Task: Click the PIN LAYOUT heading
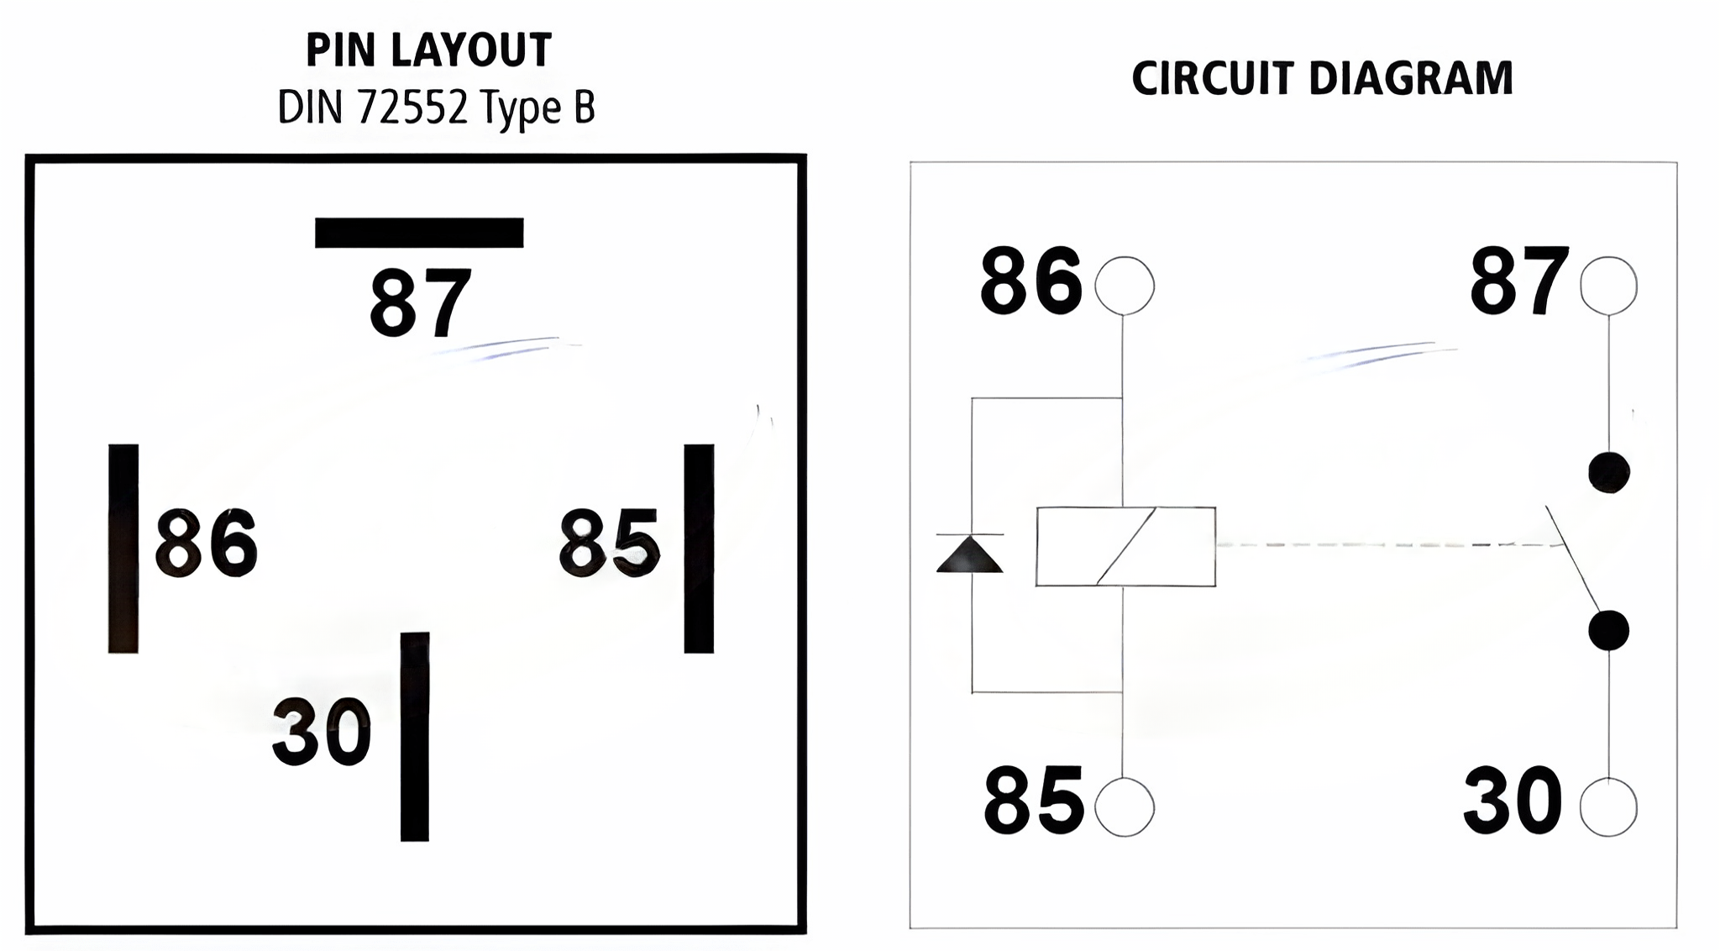click(428, 50)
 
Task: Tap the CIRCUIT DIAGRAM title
click(1322, 78)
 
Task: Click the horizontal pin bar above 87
click(419, 233)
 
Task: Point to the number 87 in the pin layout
click(421, 302)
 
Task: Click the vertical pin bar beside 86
click(123, 549)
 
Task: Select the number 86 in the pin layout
click(207, 543)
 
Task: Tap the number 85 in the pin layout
click(610, 543)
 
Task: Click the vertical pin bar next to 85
click(699, 549)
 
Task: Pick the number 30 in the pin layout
click(322, 732)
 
